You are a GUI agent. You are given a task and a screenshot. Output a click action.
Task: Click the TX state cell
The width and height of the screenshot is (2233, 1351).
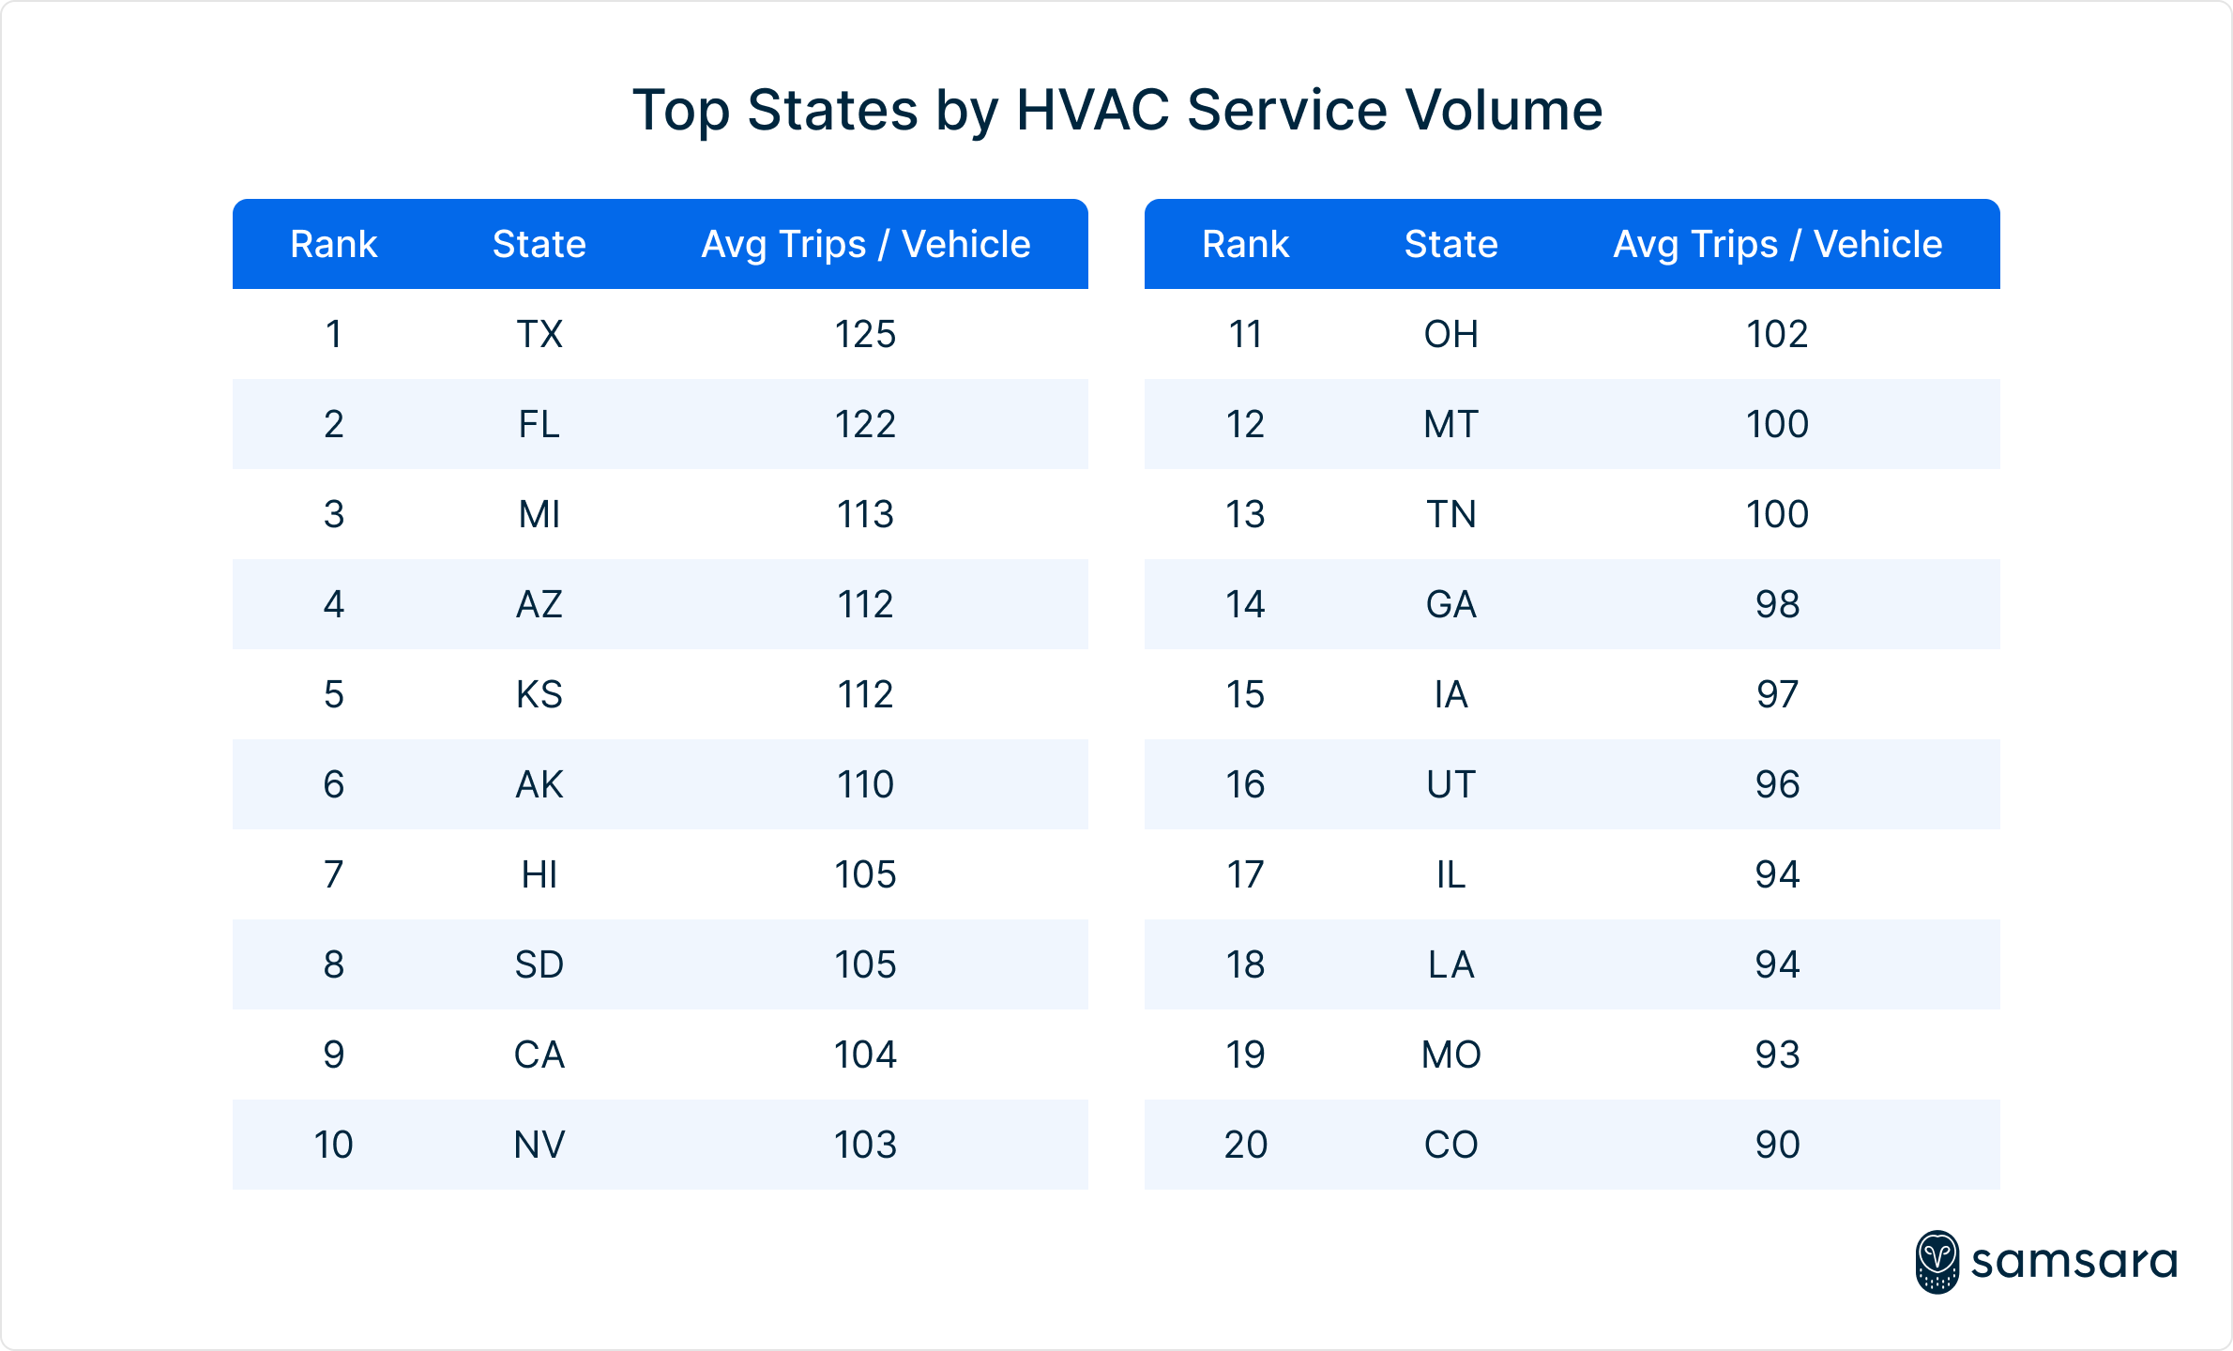539,334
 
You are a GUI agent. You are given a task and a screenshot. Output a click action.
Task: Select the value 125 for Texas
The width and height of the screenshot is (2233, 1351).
865,334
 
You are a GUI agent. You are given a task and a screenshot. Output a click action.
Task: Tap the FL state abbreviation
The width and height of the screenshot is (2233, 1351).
539,424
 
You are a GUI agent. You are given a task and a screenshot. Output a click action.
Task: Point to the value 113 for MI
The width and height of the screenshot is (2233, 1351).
865,514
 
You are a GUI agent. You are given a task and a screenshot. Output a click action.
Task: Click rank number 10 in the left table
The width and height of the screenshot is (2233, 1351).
333,1145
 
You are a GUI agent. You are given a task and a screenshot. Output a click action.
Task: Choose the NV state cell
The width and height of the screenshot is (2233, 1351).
539,1145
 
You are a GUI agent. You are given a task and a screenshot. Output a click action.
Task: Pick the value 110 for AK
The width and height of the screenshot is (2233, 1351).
865,784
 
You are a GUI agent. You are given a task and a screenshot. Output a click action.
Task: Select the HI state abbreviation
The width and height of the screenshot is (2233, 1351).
539,874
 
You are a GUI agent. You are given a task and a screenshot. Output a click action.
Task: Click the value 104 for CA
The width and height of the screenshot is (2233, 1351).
865,1055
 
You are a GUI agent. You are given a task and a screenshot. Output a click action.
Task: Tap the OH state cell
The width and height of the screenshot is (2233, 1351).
1451,334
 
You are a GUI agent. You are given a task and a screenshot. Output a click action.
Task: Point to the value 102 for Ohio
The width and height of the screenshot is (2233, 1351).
1777,334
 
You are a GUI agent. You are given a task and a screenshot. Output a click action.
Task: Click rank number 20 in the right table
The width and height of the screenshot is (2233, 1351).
1245,1145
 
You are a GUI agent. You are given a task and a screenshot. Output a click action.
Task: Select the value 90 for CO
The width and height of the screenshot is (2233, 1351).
1777,1145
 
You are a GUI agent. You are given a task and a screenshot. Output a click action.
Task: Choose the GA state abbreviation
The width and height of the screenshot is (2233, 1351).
1451,604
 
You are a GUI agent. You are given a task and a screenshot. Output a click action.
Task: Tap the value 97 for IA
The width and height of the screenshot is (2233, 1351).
1777,694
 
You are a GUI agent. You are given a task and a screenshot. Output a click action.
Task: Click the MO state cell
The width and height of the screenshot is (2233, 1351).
1451,1055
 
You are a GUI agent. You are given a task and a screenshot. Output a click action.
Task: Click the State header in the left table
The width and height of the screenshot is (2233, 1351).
539,244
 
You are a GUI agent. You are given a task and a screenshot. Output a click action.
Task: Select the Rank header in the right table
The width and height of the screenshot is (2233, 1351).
1245,244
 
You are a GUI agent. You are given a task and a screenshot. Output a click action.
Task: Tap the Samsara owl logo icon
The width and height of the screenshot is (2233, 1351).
1937,1262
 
